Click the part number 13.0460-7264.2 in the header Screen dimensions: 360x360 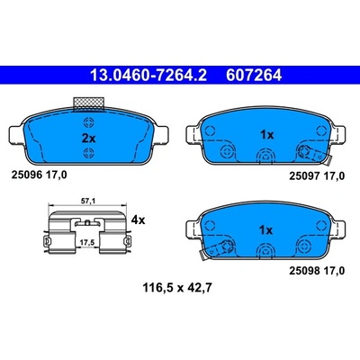pyautogui.click(x=148, y=75)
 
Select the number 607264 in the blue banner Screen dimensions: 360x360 pyautogui.click(x=254, y=75)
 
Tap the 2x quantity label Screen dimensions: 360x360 pyautogui.click(x=88, y=139)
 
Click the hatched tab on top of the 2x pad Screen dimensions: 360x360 pyautogui.click(x=89, y=104)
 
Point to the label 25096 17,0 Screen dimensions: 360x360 pyautogui.click(x=39, y=175)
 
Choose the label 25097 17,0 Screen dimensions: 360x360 pyautogui.click(x=317, y=176)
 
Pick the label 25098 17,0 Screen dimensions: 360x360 pyautogui.click(x=317, y=271)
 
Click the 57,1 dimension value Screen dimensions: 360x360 pyautogui.click(x=88, y=202)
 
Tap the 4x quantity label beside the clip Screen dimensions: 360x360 pyautogui.click(x=139, y=220)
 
